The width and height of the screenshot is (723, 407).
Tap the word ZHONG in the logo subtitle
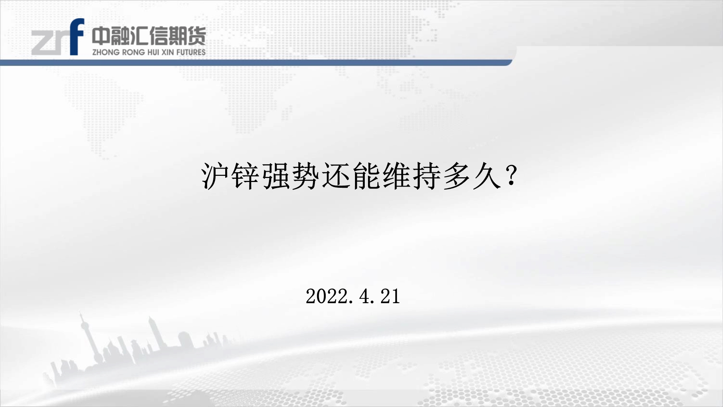[x=106, y=52]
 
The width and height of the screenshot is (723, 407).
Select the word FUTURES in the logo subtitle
[x=191, y=52]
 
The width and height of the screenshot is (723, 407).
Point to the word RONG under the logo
[x=134, y=52]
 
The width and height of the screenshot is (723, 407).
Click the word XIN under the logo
[x=167, y=52]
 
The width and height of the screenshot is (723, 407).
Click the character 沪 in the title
[x=215, y=177]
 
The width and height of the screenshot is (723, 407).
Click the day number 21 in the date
[x=390, y=296]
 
